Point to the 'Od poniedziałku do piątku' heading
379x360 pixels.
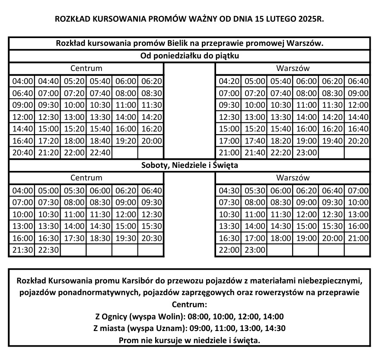(x=190, y=56)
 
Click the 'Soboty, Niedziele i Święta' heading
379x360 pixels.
(x=190, y=165)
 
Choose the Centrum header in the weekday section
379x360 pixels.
(x=86, y=68)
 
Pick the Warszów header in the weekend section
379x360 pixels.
(x=293, y=177)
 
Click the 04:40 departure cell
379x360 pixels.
(x=48, y=80)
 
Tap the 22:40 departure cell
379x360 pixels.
(x=99, y=153)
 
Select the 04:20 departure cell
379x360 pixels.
(x=229, y=80)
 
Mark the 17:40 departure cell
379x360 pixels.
(x=255, y=141)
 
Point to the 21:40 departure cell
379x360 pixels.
(x=255, y=153)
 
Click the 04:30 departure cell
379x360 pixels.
(x=229, y=190)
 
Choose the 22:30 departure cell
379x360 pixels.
(x=48, y=250)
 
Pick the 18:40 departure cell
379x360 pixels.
(x=99, y=141)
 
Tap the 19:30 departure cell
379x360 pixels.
(x=125, y=238)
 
